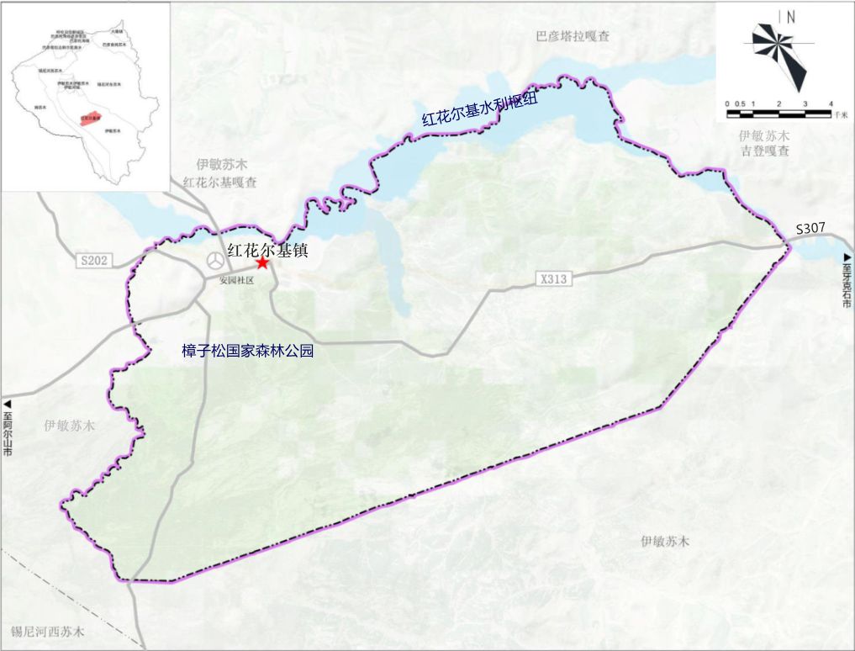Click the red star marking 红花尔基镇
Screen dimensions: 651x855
point(262,263)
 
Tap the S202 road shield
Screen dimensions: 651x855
point(94,261)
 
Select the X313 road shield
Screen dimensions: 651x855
point(554,279)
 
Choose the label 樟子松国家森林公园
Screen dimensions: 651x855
point(247,352)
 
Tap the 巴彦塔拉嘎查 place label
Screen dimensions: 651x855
point(573,36)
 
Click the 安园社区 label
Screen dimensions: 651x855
point(236,280)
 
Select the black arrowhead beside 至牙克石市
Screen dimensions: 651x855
point(847,256)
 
